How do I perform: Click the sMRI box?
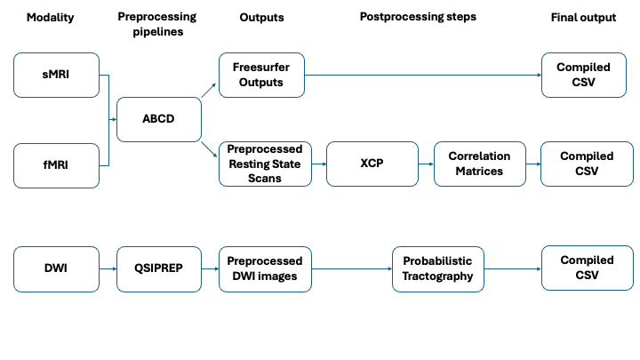(56, 75)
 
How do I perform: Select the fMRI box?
(56, 165)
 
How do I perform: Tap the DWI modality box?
(56, 269)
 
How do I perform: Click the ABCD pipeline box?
(159, 119)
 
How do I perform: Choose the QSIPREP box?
(159, 269)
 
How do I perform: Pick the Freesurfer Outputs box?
(261, 75)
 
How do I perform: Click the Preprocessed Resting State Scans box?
(265, 164)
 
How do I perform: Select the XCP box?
(372, 164)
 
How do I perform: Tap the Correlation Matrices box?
(480, 164)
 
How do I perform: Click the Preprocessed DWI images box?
(265, 269)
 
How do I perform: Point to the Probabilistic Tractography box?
(438, 269)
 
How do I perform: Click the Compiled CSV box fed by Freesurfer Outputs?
(584, 75)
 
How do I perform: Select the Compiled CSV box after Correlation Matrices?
(587, 164)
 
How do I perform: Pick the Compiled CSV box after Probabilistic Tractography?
(588, 268)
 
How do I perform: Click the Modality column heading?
(50, 18)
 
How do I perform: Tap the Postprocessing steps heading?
(418, 17)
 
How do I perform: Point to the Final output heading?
(583, 18)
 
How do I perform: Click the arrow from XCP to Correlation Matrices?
(426, 164)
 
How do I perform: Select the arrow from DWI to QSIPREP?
(108, 269)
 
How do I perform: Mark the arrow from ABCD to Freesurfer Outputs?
(209, 90)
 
